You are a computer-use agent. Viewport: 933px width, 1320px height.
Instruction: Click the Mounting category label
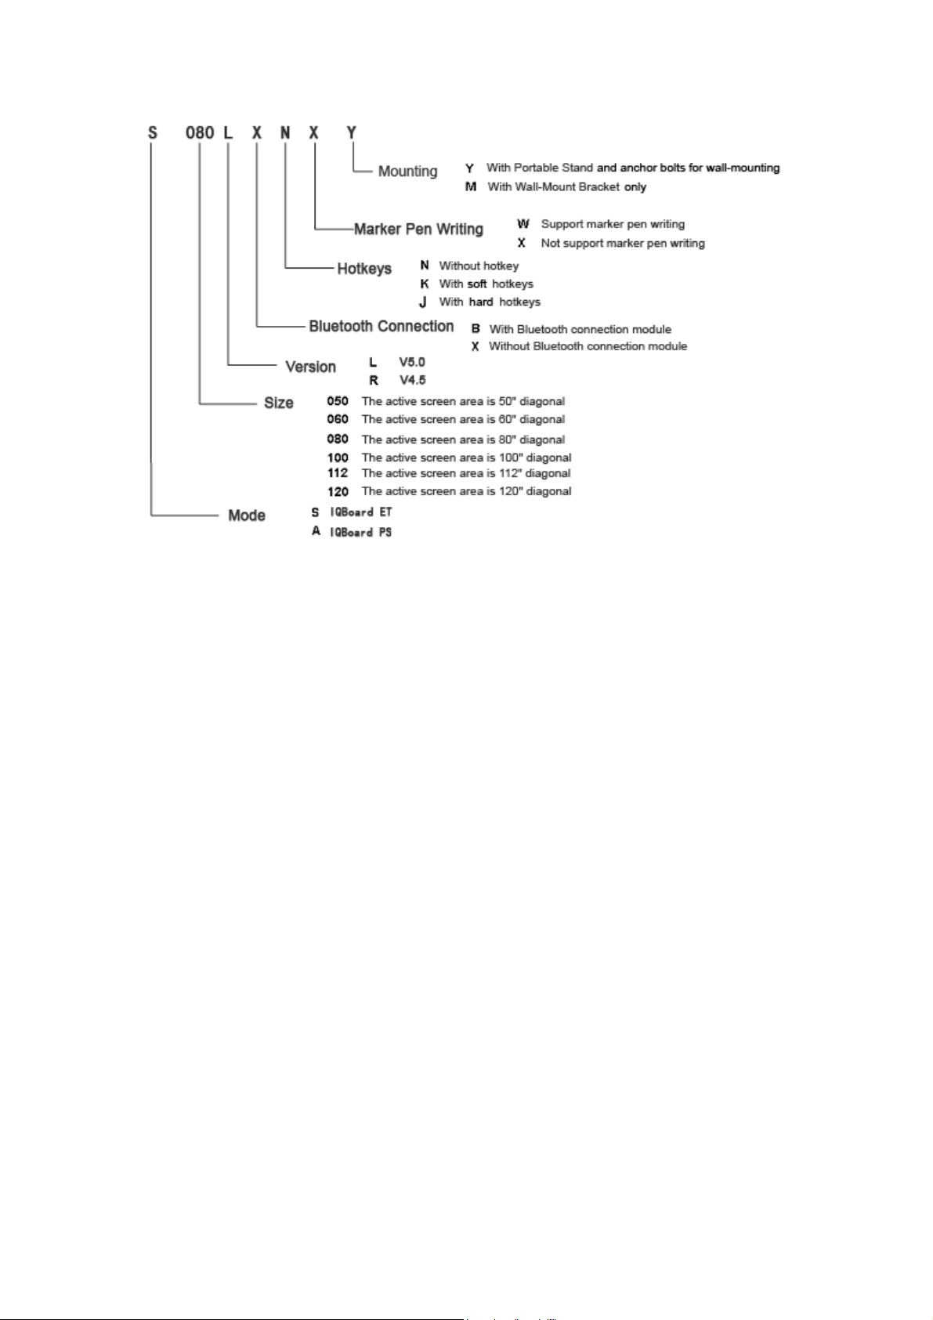[x=407, y=171]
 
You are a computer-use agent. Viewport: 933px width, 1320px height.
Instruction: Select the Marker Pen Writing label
[x=418, y=229]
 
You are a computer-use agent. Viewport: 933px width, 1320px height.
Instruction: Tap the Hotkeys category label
[x=364, y=269]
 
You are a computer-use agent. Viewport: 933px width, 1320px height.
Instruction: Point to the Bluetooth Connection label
[x=382, y=326]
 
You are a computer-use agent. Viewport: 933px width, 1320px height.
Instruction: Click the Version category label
[x=310, y=367]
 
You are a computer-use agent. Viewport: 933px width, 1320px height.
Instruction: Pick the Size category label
[x=279, y=403]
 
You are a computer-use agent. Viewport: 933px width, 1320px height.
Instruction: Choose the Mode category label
[x=247, y=515]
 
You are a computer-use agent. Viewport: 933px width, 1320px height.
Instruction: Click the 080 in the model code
[x=200, y=132]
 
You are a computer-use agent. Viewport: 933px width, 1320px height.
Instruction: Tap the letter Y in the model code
[x=352, y=132]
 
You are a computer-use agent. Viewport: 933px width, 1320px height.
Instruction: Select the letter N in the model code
[x=285, y=132]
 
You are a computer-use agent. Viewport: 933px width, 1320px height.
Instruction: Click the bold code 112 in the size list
[x=338, y=473]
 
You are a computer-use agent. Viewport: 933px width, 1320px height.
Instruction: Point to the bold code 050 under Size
[x=338, y=401]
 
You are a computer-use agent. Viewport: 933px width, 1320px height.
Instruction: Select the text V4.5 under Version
[x=413, y=380]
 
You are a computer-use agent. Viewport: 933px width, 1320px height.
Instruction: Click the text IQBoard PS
[x=360, y=532]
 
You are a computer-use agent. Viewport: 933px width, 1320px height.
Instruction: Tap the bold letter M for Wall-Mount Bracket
[x=471, y=186]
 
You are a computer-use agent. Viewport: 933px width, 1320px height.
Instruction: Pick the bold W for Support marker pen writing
[x=523, y=224]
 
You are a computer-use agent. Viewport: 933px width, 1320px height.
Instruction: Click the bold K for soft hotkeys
[x=425, y=284]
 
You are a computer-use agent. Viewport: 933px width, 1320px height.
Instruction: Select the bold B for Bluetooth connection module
[x=476, y=329]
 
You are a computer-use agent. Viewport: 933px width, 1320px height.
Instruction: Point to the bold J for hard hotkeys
[x=423, y=302]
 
